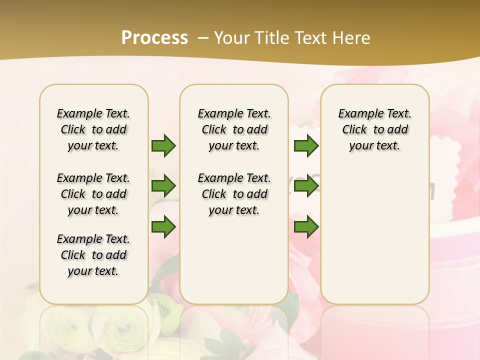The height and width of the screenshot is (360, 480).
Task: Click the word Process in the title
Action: click(x=154, y=37)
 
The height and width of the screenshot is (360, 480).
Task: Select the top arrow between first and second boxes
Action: click(x=163, y=145)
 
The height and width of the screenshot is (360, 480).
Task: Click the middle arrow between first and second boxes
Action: click(x=163, y=186)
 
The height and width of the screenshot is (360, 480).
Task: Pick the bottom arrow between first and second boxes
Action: click(x=163, y=227)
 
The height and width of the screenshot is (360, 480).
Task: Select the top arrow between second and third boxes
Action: click(x=306, y=145)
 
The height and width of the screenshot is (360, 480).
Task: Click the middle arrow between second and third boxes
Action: click(x=306, y=186)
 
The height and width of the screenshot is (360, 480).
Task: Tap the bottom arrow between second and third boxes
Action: click(x=306, y=227)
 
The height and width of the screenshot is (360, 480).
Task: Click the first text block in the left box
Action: click(x=93, y=129)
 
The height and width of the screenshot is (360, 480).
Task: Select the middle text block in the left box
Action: click(x=93, y=194)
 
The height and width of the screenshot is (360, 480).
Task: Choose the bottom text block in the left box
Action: click(x=93, y=255)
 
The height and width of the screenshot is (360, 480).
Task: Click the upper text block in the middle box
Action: click(x=234, y=129)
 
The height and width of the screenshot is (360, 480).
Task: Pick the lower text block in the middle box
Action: click(x=234, y=194)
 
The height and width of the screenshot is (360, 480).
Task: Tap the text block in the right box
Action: click(x=375, y=129)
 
